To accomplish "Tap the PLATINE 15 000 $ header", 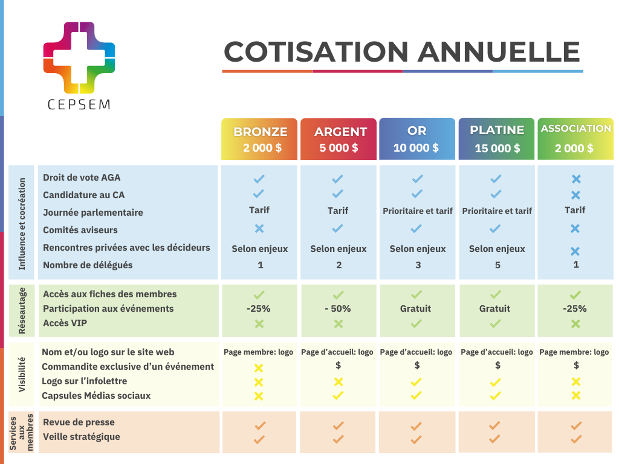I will pyautogui.click(x=497, y=139).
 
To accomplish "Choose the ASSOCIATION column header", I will pyautogui.click(x=575, y=139).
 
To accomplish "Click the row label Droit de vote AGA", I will pyautogui.click(x=82, y=178).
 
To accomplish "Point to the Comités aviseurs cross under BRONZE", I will pyautogui.click(x=259, y=228).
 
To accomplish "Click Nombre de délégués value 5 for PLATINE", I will pyautogui.click(x=497, y=265).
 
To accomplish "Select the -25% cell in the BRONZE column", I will pyautogui.click(x=259, y=309).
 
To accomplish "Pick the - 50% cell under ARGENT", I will pyautogui.click(x=338, y=309).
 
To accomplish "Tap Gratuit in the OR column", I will pyautogui.click(x=416, y=309).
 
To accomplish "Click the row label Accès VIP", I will pyautogui.click(x=65, y=323).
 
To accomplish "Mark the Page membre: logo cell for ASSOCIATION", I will pyautogui.click(x=574, y=352).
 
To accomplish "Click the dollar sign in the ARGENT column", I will pyautogui.click(x=339, y=366).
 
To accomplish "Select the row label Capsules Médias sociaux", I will pyautogui.click(x=96, y=396).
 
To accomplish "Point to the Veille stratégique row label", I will pyautogui.click(x=82, y=437).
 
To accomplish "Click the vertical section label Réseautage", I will pyautogui.click(x=22, y=311).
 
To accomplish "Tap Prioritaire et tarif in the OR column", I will pyautogui.click(x=418, y=211).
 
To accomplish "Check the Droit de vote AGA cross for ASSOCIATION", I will pyautogui.click(x=575, y=179).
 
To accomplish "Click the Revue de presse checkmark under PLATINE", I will pyautogui.click(x=496, y=426).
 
